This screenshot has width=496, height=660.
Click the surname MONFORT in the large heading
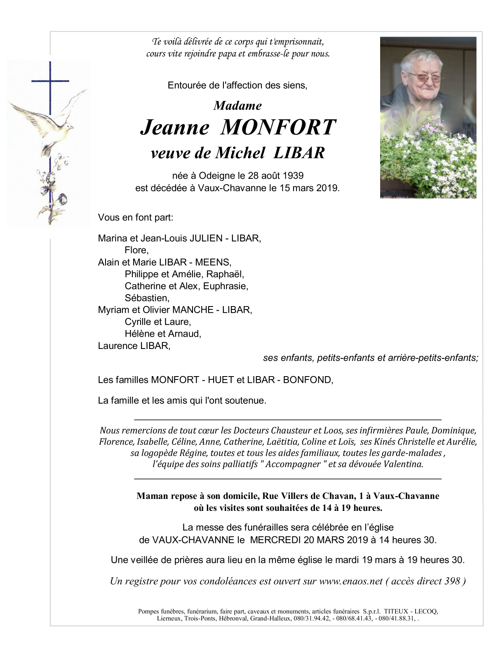[x=278, y=128]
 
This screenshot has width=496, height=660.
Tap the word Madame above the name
[x=237, y=106]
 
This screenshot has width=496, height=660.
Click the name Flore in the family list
[x=136, y=250]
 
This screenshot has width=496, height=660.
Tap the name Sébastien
[x=146, y=298]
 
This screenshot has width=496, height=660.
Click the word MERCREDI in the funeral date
[x=273, y=540]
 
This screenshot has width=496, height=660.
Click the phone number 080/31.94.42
[x=312, y=619]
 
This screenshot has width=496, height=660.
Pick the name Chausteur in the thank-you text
[x=289, y=431]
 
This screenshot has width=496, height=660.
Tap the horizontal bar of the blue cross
[x=50, y=81]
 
